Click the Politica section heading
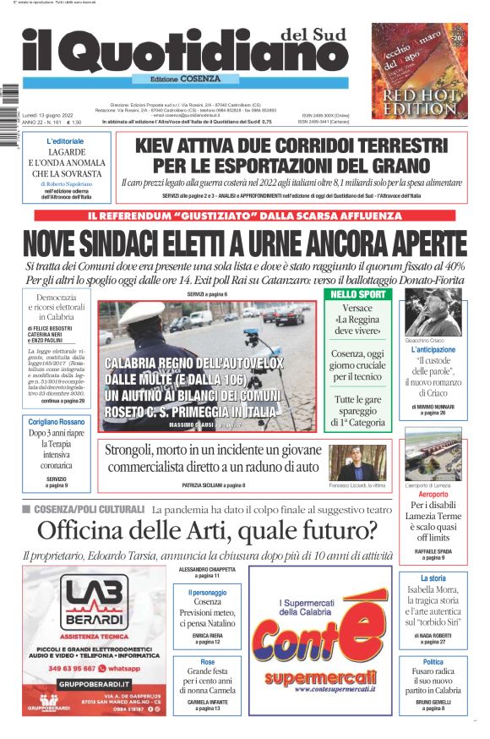[433, 662]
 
